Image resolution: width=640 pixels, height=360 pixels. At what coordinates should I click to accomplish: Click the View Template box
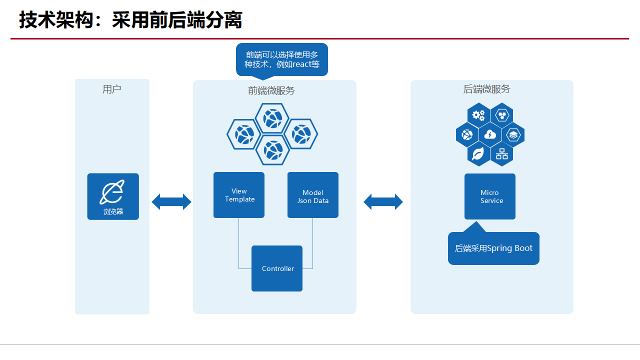(x=239, y=195)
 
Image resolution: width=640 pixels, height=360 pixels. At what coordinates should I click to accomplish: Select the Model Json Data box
(x=313, y=195)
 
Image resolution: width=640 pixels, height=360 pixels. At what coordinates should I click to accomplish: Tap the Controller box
(x=277, y=268)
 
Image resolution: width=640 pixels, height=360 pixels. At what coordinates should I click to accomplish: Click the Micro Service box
(x=490, y=196)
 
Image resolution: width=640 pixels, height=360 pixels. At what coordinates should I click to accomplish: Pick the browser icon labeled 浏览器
(x=113, y=196)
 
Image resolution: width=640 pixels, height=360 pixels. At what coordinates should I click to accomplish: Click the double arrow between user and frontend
(x=171, y=201)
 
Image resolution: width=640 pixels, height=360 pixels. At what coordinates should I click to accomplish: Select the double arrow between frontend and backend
(x=383, y=201)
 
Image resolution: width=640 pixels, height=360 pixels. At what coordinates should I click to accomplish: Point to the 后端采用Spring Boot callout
(x=493, y=248)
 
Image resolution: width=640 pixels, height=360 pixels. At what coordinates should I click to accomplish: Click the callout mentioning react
(x=282, y=59)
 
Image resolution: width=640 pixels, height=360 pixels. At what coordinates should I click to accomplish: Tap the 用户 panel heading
(x=112, y=89)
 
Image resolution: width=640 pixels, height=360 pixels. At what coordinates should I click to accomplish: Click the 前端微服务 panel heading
(x=271, y=90)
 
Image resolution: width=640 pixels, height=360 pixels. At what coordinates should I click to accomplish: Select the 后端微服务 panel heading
(x=487, y=89)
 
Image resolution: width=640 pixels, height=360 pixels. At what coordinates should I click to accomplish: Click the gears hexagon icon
(x=478, y=115)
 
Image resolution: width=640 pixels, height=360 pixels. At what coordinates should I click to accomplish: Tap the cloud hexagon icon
(x=490, y=135)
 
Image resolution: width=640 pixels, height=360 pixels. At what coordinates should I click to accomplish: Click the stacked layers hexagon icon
(x=513, y=135)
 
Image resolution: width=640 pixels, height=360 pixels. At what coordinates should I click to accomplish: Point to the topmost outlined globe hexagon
(x=272, y=118)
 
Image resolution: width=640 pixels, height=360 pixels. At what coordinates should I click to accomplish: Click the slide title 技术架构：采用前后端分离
(x=130, y=20)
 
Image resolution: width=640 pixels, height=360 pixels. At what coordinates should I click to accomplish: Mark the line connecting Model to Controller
(x=313, y=245)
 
